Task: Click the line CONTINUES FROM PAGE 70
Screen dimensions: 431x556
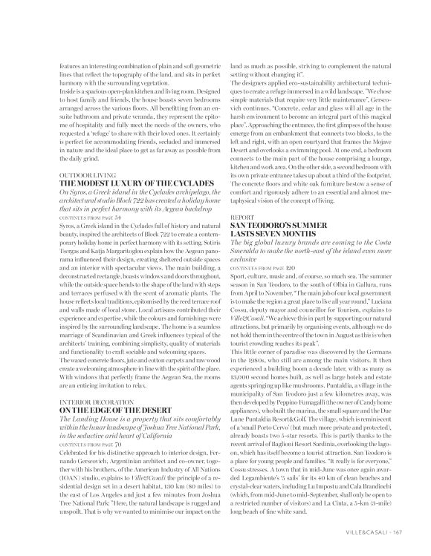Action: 88,444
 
